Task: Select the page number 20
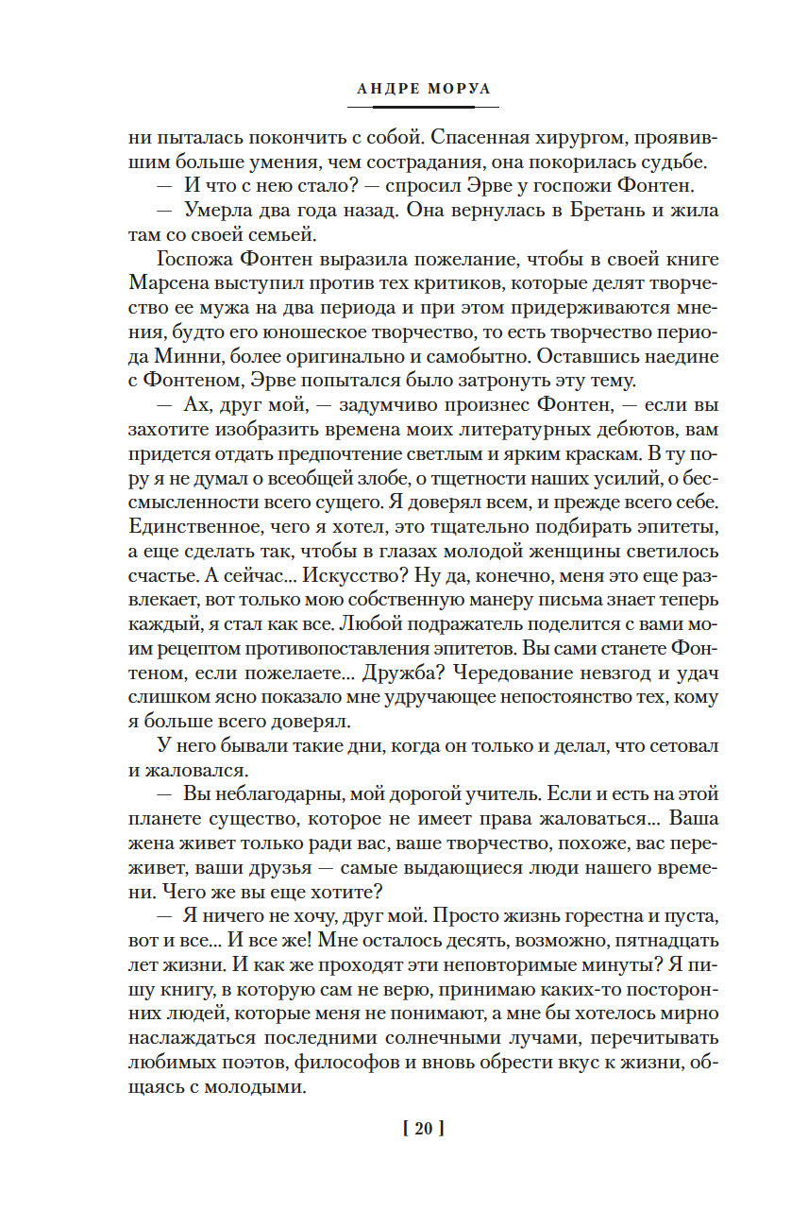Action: pos(423,1128)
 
